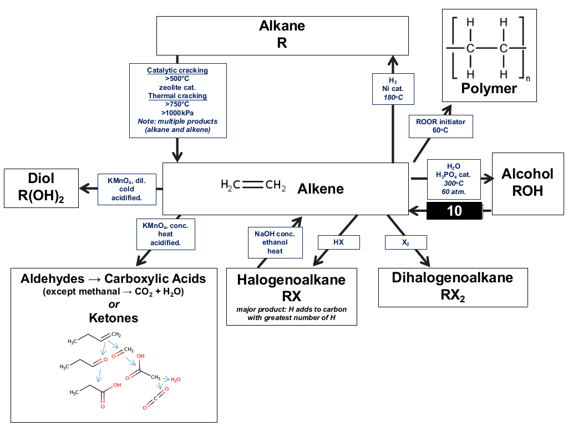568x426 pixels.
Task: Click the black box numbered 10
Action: (454, 211)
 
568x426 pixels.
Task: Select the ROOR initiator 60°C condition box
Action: (441, 126)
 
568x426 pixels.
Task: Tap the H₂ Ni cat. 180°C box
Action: (393, 89)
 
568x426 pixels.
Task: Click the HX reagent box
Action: (339, 242)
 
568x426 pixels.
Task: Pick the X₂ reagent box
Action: (405, 242)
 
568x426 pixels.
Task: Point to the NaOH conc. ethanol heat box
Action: (275, 243)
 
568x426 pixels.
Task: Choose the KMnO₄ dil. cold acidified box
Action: (127, 190)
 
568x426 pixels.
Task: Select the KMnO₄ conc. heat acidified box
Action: (165, 235)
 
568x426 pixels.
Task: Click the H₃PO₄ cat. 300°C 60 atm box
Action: (454, 179)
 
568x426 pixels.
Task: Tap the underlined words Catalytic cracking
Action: (177, 70)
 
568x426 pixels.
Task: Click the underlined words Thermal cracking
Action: (177, 96)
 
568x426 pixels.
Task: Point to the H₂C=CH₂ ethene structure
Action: (253, 185)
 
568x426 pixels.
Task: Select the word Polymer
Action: (489, 88)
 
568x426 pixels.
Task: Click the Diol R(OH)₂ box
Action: (41, 189)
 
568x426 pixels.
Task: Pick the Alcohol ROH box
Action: (528, 184)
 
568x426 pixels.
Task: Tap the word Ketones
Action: (114, 318)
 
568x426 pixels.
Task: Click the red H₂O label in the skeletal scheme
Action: (176, 379)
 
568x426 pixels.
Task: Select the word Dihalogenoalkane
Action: (453, 278)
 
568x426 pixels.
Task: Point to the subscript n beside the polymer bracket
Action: (528, 79)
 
